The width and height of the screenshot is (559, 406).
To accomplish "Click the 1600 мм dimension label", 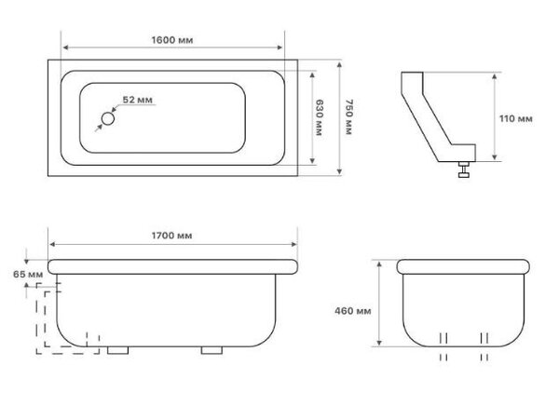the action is click(172, 40).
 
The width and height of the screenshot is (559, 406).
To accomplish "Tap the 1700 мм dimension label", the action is click(171, 236).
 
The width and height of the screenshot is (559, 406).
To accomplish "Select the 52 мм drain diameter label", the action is click(138, 100).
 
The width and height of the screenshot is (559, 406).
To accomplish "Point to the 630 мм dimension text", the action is click(319, 117).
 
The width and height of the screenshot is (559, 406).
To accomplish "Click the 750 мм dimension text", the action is click(348, 116).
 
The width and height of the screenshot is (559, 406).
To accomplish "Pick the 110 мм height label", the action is click(516, 118).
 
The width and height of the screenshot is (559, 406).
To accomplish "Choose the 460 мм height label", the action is click(352, 311).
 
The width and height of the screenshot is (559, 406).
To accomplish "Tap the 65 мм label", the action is click(28, 275).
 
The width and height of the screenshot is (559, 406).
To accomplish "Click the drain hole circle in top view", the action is click(108, 118).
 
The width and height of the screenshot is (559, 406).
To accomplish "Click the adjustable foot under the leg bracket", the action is click(463, 169).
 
